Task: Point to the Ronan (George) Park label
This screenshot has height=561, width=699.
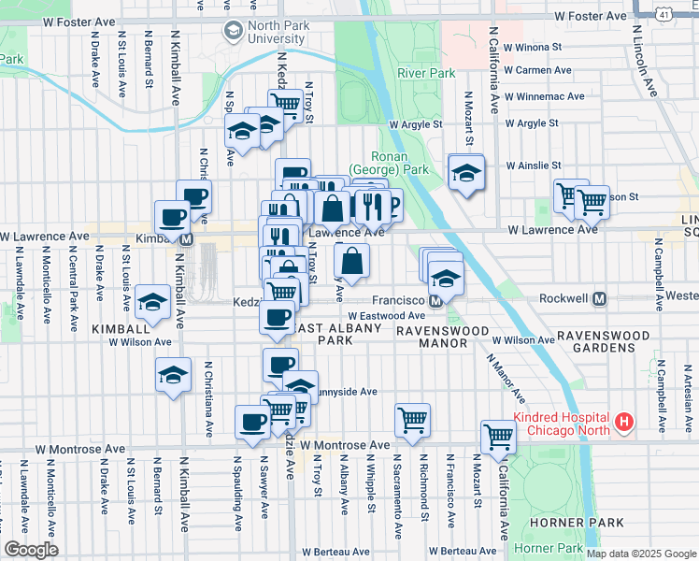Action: coord(387,163)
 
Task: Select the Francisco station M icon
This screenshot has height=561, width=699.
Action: coord(435,301)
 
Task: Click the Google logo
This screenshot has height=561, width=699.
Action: coord(32,550)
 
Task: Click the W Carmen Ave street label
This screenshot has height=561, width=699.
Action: coord(537,70)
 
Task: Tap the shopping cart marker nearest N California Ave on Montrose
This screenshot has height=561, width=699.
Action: coord(499,436)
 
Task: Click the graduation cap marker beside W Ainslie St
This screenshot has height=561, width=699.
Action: coord(466,173)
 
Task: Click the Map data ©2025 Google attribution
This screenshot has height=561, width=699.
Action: coord(640,553)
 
